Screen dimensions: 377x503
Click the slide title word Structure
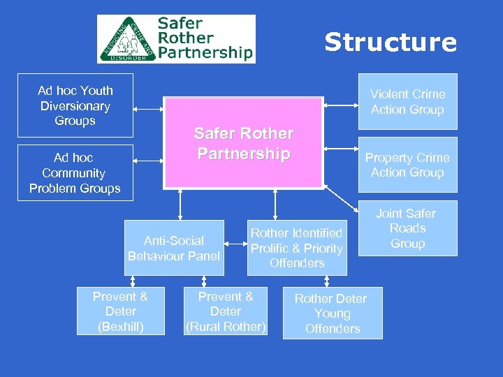point(390,43)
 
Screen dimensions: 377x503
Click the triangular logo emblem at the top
point(126,40)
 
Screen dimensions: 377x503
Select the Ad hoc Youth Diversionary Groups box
point(75,105)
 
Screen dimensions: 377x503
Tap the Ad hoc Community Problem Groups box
point(75,172)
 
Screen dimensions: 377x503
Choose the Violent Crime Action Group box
point(407,102)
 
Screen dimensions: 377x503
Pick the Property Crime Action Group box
point(407,165)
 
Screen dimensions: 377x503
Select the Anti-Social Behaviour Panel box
point(174,249)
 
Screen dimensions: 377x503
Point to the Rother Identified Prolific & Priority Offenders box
point(296,248)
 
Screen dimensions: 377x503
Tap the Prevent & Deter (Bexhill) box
point(120,311)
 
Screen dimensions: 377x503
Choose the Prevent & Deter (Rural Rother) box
point(226,311)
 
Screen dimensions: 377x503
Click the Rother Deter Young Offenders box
point(332,313)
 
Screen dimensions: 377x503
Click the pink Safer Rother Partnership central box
point(243,143)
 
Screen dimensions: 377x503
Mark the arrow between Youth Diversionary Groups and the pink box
point(148,109)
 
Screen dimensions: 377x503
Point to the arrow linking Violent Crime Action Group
point(341,105)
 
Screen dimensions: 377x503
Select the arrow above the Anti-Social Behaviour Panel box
point(180,205)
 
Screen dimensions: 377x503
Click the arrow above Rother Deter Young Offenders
point(326,280)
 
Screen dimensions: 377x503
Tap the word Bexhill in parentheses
point(120,327)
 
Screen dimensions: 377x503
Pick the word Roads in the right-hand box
point(408,229)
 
